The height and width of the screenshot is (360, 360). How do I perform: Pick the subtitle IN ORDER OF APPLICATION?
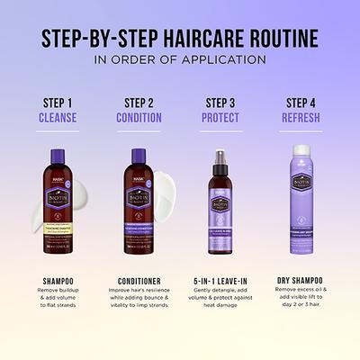click(x=180, y=60)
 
